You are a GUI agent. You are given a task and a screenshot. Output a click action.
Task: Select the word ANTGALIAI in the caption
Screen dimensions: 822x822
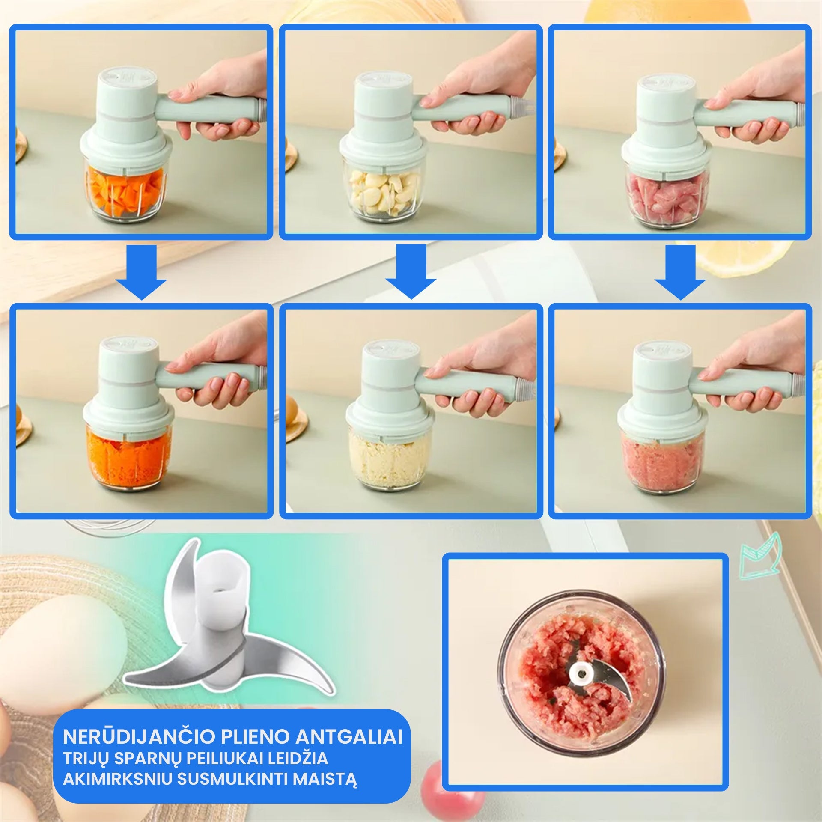349,737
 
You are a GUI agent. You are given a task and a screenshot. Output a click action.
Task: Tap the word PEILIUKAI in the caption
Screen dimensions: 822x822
225,758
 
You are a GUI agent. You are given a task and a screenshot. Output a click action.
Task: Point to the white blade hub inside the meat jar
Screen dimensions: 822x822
581,674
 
